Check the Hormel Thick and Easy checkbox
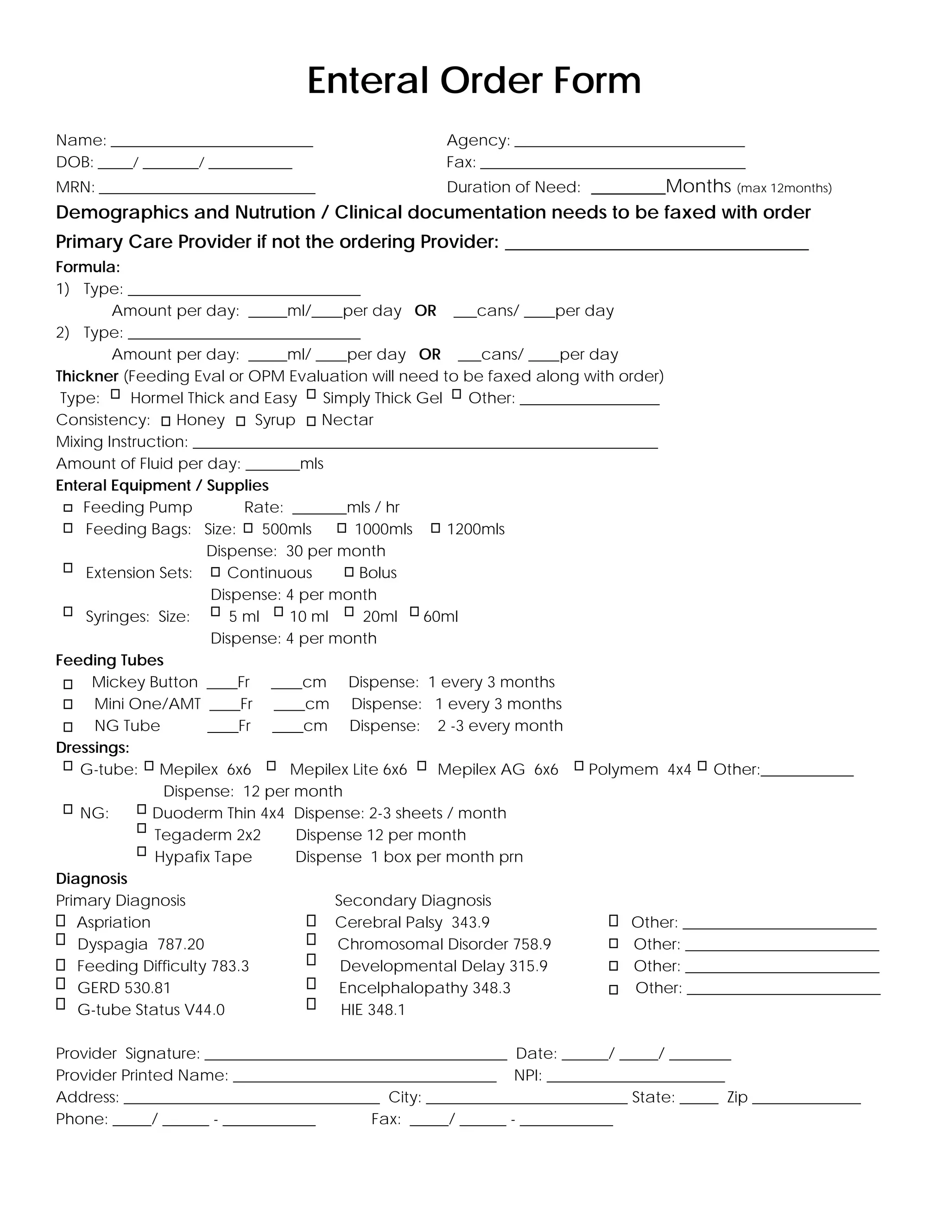point(115,394)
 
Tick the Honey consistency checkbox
point(165,421)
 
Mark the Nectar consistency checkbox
point(311,421)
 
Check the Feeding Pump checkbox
point(68,508)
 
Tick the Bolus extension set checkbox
point(349,572)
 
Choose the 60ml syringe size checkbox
point(414,612)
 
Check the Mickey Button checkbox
point(68,684)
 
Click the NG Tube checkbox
point(68,727)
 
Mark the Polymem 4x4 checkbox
point(578,766)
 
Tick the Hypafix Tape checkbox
point(142,851)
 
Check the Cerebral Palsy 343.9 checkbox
point(311,920)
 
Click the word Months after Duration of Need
point(698,186)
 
